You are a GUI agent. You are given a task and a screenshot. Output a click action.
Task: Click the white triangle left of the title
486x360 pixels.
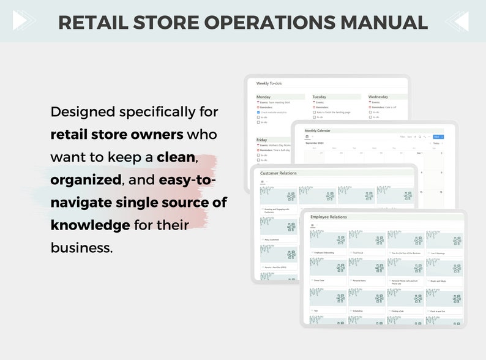click(x=20, y=21)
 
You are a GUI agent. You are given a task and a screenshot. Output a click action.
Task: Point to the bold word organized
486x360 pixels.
click(x=86, y=180)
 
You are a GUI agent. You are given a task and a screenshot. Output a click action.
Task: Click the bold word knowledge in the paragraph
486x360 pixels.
click(x=90, y=225)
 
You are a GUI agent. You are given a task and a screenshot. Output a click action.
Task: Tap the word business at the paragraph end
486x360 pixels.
click(x=81, y=247)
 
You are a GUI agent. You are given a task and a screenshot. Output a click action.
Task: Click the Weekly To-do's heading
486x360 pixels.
click(x=269, y=83)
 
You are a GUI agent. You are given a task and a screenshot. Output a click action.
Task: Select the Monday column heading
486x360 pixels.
click(x=264, y=97)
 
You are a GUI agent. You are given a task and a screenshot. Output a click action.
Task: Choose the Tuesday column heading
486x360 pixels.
click(x=320, y=97)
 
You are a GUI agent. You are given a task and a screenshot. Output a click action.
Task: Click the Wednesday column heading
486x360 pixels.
click(x=378, y=97)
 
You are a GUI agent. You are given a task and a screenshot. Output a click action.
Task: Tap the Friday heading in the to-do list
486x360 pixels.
click(x=262, y=140)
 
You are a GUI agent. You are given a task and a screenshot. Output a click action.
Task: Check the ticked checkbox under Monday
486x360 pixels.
click(x=258, y=112)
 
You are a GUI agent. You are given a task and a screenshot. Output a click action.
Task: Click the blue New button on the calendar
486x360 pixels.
click(x=436, y=137)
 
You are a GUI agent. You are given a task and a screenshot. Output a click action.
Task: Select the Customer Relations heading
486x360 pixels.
click(x=279, y=173)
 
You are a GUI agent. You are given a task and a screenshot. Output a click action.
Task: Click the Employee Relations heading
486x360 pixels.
click(x=329, y=217)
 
